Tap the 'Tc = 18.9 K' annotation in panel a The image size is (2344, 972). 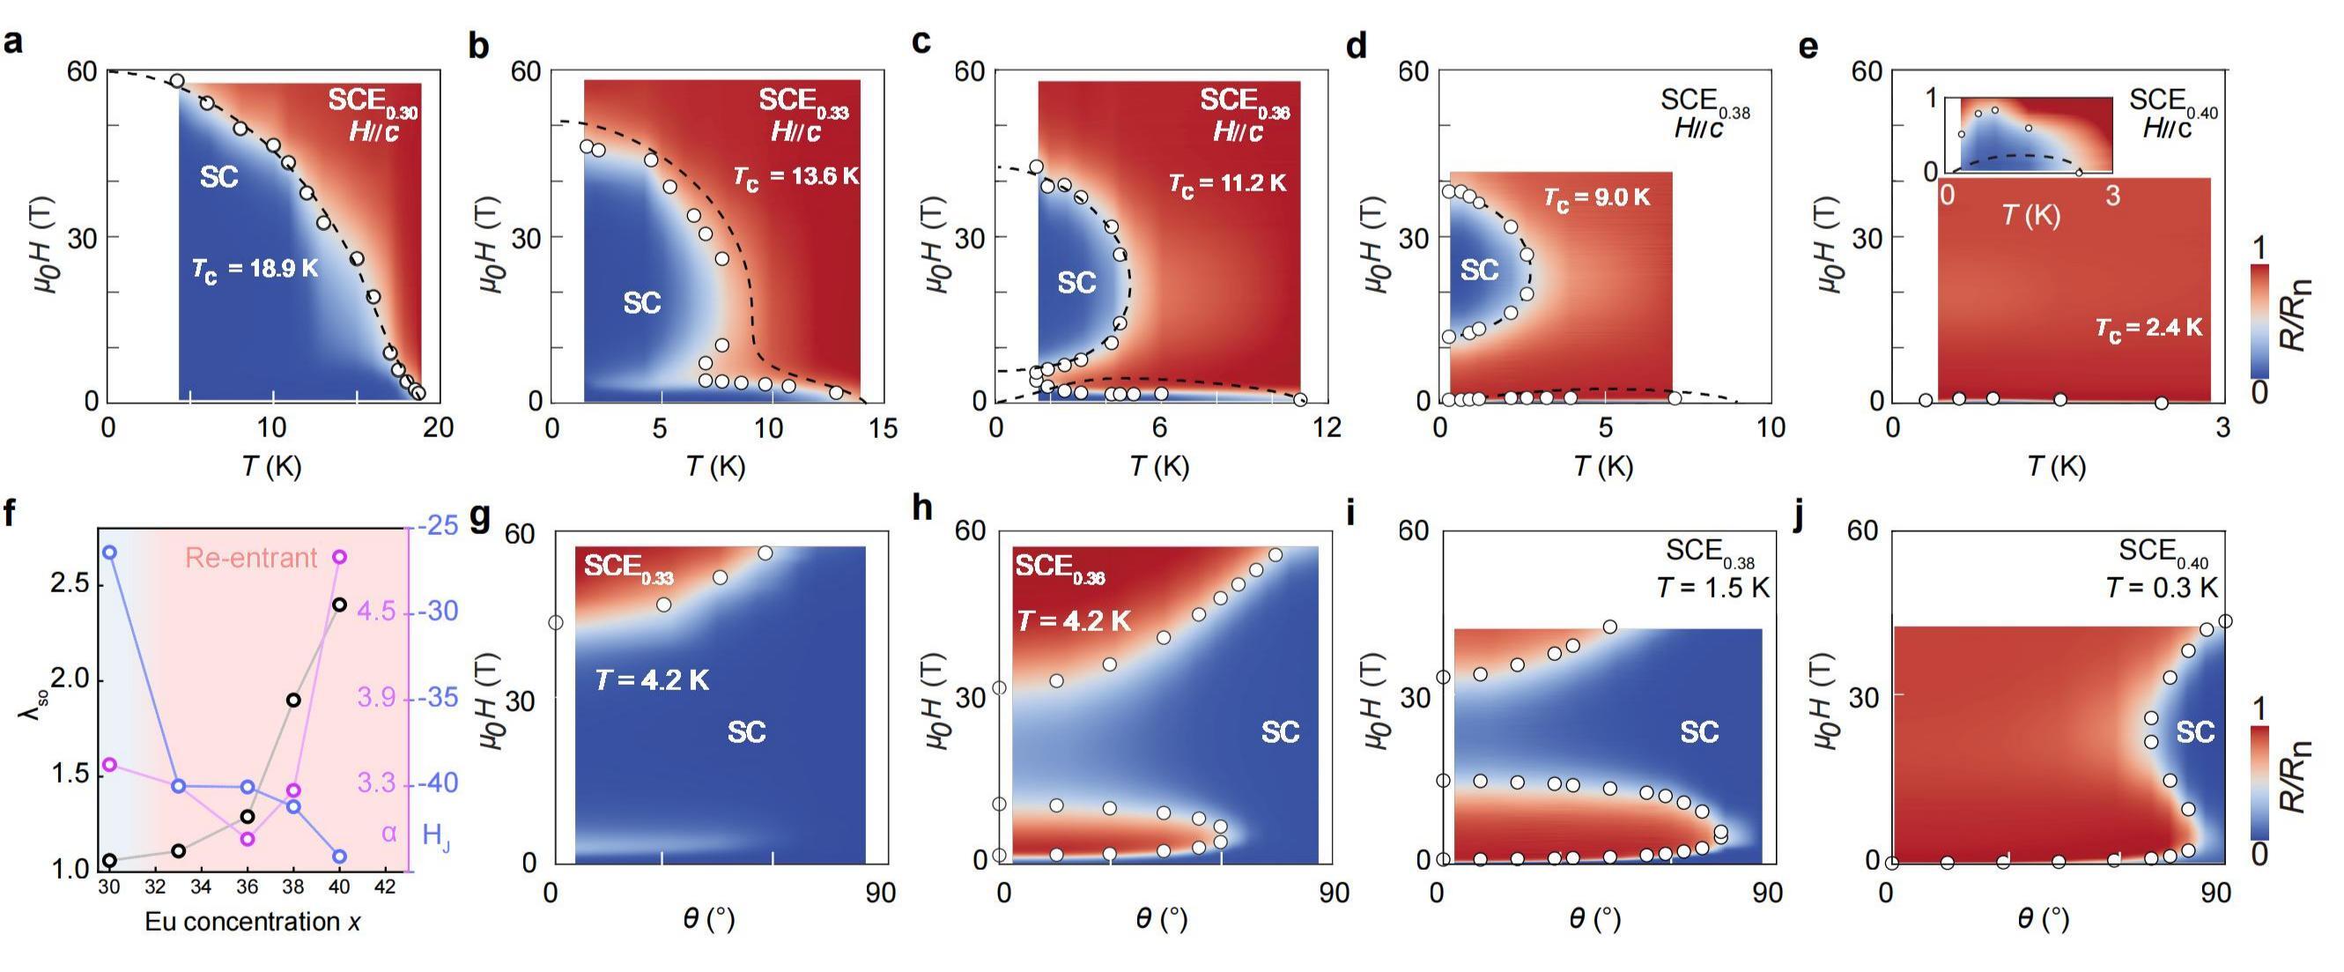pyautogui.click(x=255, y=270)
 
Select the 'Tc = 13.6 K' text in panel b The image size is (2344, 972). pyautogui.click(x=796, y=176)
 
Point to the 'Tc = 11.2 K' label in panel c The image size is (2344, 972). pyautogui.click(x=1228, y=184)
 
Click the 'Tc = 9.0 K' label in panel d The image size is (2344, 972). pyautogui.click(x=1597, y=197)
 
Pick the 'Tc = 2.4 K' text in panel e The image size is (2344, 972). pyautogui.click(x=2149, y=328)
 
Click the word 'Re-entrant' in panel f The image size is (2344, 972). pyautogui.click(x=251, y=557)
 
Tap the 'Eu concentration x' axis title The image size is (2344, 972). pyautogui.click(x=253, y=922)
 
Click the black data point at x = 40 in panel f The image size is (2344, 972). pyautogui.click(x=339, y=605)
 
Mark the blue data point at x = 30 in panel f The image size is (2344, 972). pyautogui.click(x=109, y=553)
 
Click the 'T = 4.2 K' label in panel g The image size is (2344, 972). pyautogui.click(x=653, y=679)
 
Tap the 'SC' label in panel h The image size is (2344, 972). pyautogui.click(x=1279, y=731)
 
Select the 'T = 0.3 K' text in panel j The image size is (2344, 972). pyautogui.click(x=2162, y=588)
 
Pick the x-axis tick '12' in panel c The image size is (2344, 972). pyautogui.click(x=1326, y=427)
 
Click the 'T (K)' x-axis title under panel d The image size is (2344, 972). pyautogui.click(x=1603, y=467)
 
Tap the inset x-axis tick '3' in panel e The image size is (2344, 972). pyautogui.click(x=2113, y=197)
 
